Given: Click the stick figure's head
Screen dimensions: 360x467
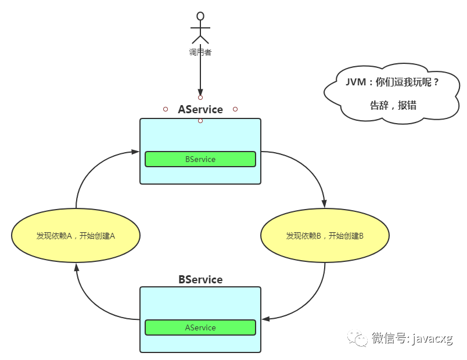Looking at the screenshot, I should pyautogui.click(x=200, y=16).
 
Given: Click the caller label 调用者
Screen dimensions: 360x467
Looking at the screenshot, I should pyautogui.click(x=200, y=52).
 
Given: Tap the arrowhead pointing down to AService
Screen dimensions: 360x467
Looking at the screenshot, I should pyautogui.click(x=200, y=92).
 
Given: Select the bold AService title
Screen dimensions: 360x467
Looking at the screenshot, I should pyautogui.click(x=200, y=109).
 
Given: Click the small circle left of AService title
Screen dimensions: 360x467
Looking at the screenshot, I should pyautogui.click(x=166, y=109).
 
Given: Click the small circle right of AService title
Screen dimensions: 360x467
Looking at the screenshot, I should pyautogui.click(x=235, y=109).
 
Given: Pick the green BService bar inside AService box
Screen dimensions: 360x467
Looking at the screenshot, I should pyautogui.click(x=200, y=159).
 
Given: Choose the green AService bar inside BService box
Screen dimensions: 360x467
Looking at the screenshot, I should pyautogui.click(x=200, y=327).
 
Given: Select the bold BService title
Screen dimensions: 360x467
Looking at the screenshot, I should pyautogui.click(x=200, y=279).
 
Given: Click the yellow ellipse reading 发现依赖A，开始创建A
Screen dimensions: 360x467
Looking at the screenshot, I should pyautogui.click(x=76, y=236).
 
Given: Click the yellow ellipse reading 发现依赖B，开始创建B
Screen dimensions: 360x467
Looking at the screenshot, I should pyautogui.click(x=325, y=236).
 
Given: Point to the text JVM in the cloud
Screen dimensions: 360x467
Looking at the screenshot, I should pyautogui.click(x=355, y=82).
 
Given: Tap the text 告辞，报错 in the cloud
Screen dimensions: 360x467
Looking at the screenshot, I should pyautogui.click(x=393, y=105).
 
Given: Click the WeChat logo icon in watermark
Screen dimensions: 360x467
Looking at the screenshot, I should pyautogui.click(x=357, y=338).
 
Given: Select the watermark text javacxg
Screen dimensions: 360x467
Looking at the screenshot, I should pyautogui.click(x=433, y=339).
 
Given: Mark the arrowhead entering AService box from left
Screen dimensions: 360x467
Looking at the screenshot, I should pyautogui.click(x=135, y=152).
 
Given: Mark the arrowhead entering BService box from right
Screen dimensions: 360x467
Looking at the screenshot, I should pyautogui.click(x=265, y=319).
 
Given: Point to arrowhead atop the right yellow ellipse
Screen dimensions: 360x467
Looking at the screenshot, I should pyautogui.click(x=325, y=203).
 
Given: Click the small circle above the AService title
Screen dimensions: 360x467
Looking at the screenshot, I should pyautogui.click(x=200, y=98).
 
